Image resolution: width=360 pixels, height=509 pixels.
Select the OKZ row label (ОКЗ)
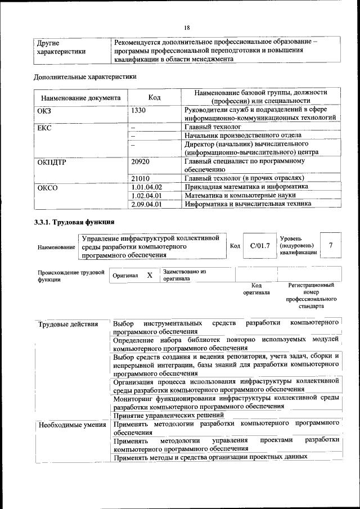[44, 110]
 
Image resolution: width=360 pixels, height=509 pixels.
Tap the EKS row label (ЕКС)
[44, 128]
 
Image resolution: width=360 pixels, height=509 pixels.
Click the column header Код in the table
[155, 97]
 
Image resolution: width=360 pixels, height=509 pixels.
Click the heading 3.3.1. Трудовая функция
[75, 222]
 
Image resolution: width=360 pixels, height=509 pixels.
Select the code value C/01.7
[260, 246]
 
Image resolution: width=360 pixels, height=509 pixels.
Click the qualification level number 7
[331, 245]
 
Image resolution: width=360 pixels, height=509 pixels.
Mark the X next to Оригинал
[150, 276]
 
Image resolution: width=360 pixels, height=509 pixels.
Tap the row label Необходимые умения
[71, 425]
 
